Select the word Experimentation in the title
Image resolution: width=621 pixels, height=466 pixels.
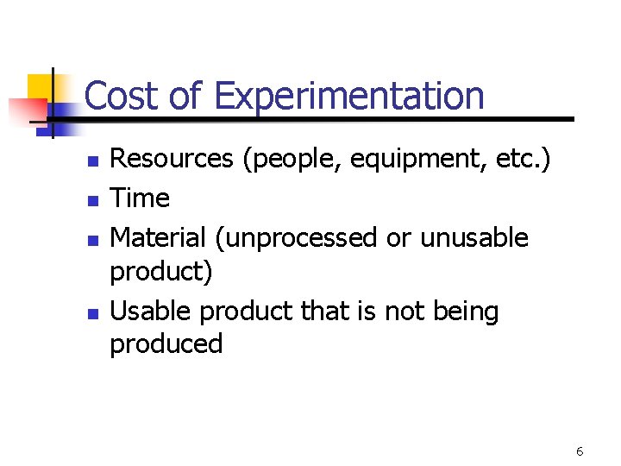tap(349, 98)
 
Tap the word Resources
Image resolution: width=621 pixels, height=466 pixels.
tap(172, 159)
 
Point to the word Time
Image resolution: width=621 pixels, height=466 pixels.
tap(141, 198)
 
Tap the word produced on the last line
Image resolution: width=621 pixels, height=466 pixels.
tap(166, 344)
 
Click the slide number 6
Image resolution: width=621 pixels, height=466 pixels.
tap(580, 451)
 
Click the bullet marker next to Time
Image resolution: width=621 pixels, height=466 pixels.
tap(96, 200)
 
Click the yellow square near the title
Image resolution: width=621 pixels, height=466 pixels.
tap(41, 87)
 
